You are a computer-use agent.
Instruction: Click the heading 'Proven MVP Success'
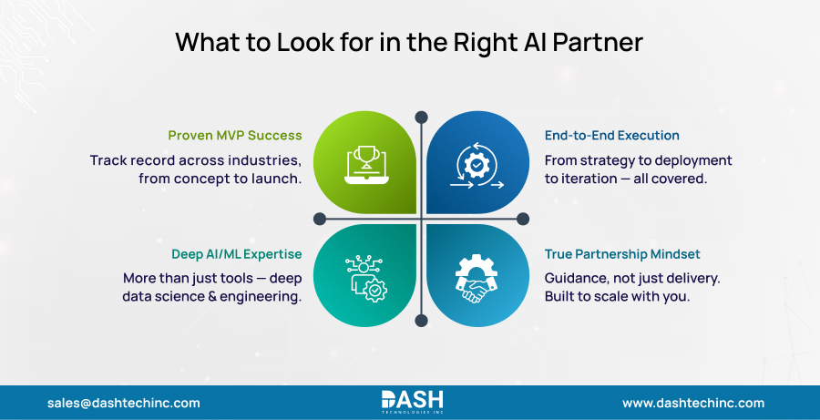click(x=234, y=136)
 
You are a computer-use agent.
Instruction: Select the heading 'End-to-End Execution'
click(x=612, y=136)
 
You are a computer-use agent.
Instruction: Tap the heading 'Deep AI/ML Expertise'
click(x=236, y=254)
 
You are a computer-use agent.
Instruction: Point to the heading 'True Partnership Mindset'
click(x=623, y=254)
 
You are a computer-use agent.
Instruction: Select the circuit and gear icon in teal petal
click(x=364, y=277)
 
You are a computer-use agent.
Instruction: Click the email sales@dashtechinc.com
click(x=123, y=403)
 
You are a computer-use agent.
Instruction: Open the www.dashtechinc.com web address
click(x=693, y=403)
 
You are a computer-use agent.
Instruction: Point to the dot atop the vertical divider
click(x=421, y=117)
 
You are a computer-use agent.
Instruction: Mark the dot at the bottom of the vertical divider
click(x=421, y=320)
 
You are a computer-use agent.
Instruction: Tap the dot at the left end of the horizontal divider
click(x=320, y=219)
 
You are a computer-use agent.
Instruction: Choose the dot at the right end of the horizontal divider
click(x=522, y=219)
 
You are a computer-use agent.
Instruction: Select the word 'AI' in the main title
click(x=538, y=43)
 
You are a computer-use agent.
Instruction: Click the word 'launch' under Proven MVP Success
click(x=277, y=179)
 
